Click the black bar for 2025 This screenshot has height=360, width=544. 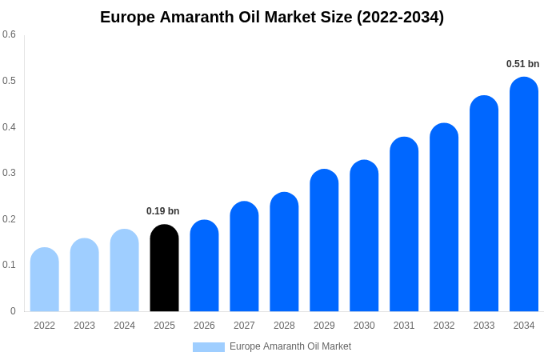pyautogui.click(x=164, y=268)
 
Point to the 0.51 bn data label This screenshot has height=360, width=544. pyautogui.click(x=522, y=64)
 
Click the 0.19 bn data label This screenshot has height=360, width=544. pyautogui.click(x=162, y=211)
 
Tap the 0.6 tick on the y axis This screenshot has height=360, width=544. pyautogui.click(x=9, y=34)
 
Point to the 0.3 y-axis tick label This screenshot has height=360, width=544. pyautogui.click(x=9, y=173)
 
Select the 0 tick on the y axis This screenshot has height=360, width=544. pyautogui.click(x=13, y=311)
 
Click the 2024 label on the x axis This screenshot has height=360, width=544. pyautogui.click(x=124, y=326)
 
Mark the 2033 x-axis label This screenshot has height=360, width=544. pyautogui.click(x=484, y=326)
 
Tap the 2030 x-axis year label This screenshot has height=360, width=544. pyautogui.click(x=364, y=326)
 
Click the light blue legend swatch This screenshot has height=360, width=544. pyautogui.click(x=208, y=347)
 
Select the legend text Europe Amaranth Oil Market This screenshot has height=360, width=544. pyautogui.click(x=290, y=346)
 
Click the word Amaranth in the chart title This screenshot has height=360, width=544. pyautogui.click(x=197, y=17)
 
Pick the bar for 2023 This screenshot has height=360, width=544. pyautogui.click(x=84, y=275)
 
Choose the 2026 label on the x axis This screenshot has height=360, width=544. pyautogui.click(x=204, y=326)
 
